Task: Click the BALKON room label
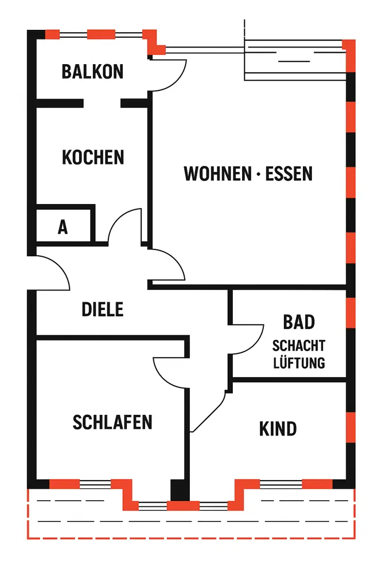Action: tap(92, 72)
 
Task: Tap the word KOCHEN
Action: tap(93, 157)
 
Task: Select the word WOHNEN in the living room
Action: tap(214, 174)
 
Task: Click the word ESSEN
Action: tap(289, 174)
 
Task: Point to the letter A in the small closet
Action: tap(63, 227)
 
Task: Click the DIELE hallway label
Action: tap(103, 309)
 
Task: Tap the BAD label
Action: tap(299, 322)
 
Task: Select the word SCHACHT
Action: tap(299, 346)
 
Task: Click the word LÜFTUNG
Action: tap(299, 363)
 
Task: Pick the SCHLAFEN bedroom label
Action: tap(112, 422)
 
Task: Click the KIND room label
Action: tap(278, 429)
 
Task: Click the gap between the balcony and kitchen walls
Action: tap(102, 103)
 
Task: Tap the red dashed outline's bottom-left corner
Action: tap(29, 538)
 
